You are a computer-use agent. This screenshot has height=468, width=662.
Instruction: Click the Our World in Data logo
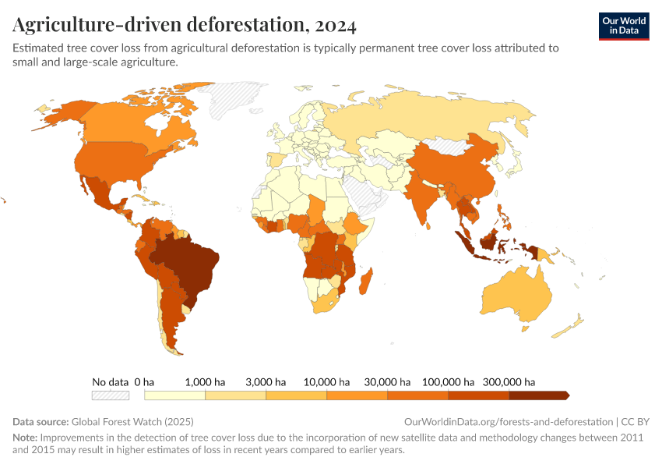[623, 25]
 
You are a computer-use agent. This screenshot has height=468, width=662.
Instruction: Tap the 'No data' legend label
[110, 382]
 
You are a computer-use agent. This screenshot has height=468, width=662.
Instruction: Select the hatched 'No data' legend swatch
[110, 396]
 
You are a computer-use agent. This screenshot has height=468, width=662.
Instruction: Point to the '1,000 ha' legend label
[206, 382]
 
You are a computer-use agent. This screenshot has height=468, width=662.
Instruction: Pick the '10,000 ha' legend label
[326, 382]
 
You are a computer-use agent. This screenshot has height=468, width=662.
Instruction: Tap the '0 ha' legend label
[144, 382]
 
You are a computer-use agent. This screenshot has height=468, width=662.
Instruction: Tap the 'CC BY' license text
[637, 422]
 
